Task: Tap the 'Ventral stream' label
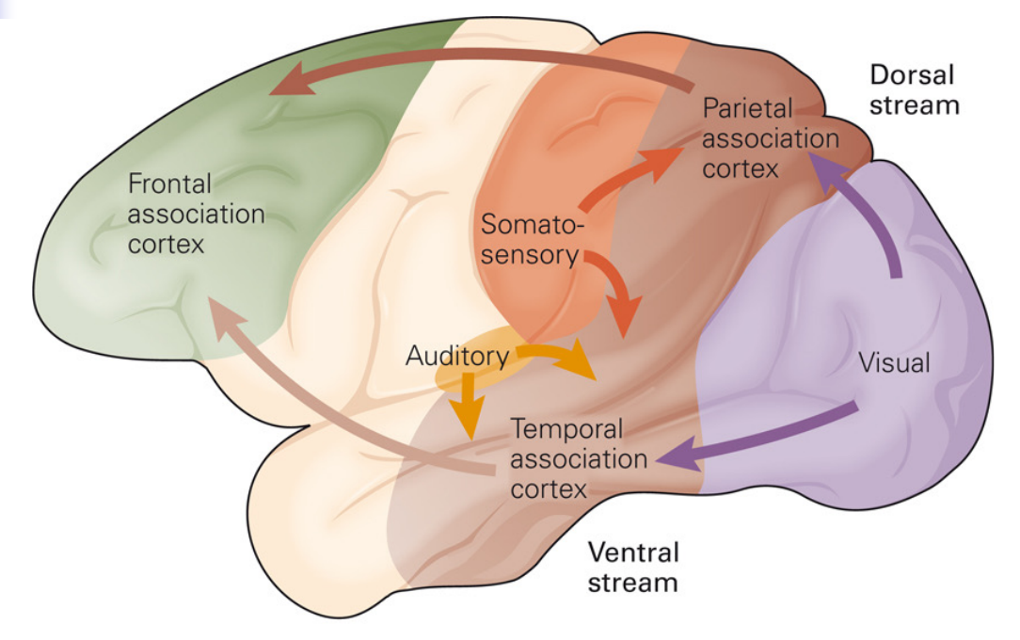click(x=632, y=566)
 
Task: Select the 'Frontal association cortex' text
click(x=196, y=214)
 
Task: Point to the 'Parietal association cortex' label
click(x=770, y=138)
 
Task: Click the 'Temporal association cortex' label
click(x=579, y=459)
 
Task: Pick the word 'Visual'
click(x=894, y=362)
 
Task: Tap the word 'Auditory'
click(x=457, y=356)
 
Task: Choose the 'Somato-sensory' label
click(x=533, y=240)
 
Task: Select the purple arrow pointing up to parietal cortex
click(x=870, y=216)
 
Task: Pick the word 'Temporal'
click(x=567, y=430)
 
